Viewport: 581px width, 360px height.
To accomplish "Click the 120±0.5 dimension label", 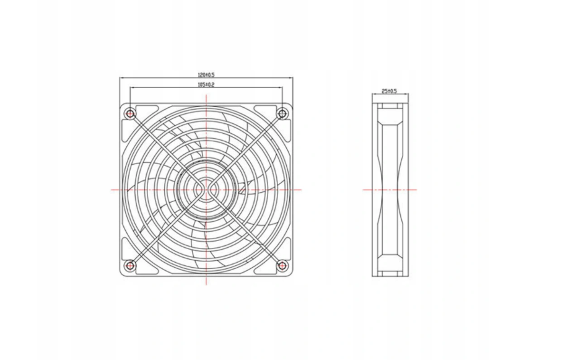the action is pyautogui.click(x=206, y=75).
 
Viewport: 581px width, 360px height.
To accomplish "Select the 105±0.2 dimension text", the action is pyautogui.click(x=206, y=84).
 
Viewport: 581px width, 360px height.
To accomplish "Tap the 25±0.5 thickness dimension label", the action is pyautogui.click(x=390, y=91).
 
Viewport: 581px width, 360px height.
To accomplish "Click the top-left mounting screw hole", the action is pyautogui.click(x=130, y=113).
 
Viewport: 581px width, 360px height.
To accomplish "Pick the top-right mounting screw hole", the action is pyautogui.click(x=282, y=113).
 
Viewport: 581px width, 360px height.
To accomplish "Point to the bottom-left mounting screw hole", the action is pyautogui.click(x=130, y=265).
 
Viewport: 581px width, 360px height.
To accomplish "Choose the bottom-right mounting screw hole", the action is pyautogui.click(x=282, y=265).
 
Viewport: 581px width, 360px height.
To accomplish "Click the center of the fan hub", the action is pyautogui.click(x=206, y=190).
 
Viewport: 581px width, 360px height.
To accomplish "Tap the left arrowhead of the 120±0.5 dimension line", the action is pyautogui.click(x=121, y=78).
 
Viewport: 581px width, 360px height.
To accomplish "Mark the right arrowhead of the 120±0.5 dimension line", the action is pyautogui.click(x=291, y=78).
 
